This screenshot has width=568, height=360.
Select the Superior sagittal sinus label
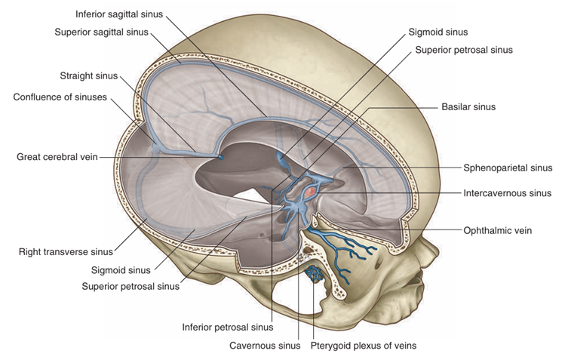(101, 32)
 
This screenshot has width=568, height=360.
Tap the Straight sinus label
(91, 75)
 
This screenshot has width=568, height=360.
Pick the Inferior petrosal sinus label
(227, 328)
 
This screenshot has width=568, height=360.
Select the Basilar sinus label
(468, 107)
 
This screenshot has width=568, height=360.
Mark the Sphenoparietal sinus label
(508, 168)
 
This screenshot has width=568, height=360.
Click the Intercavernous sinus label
(508, 193)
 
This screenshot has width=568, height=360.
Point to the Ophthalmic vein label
(498, 230)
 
